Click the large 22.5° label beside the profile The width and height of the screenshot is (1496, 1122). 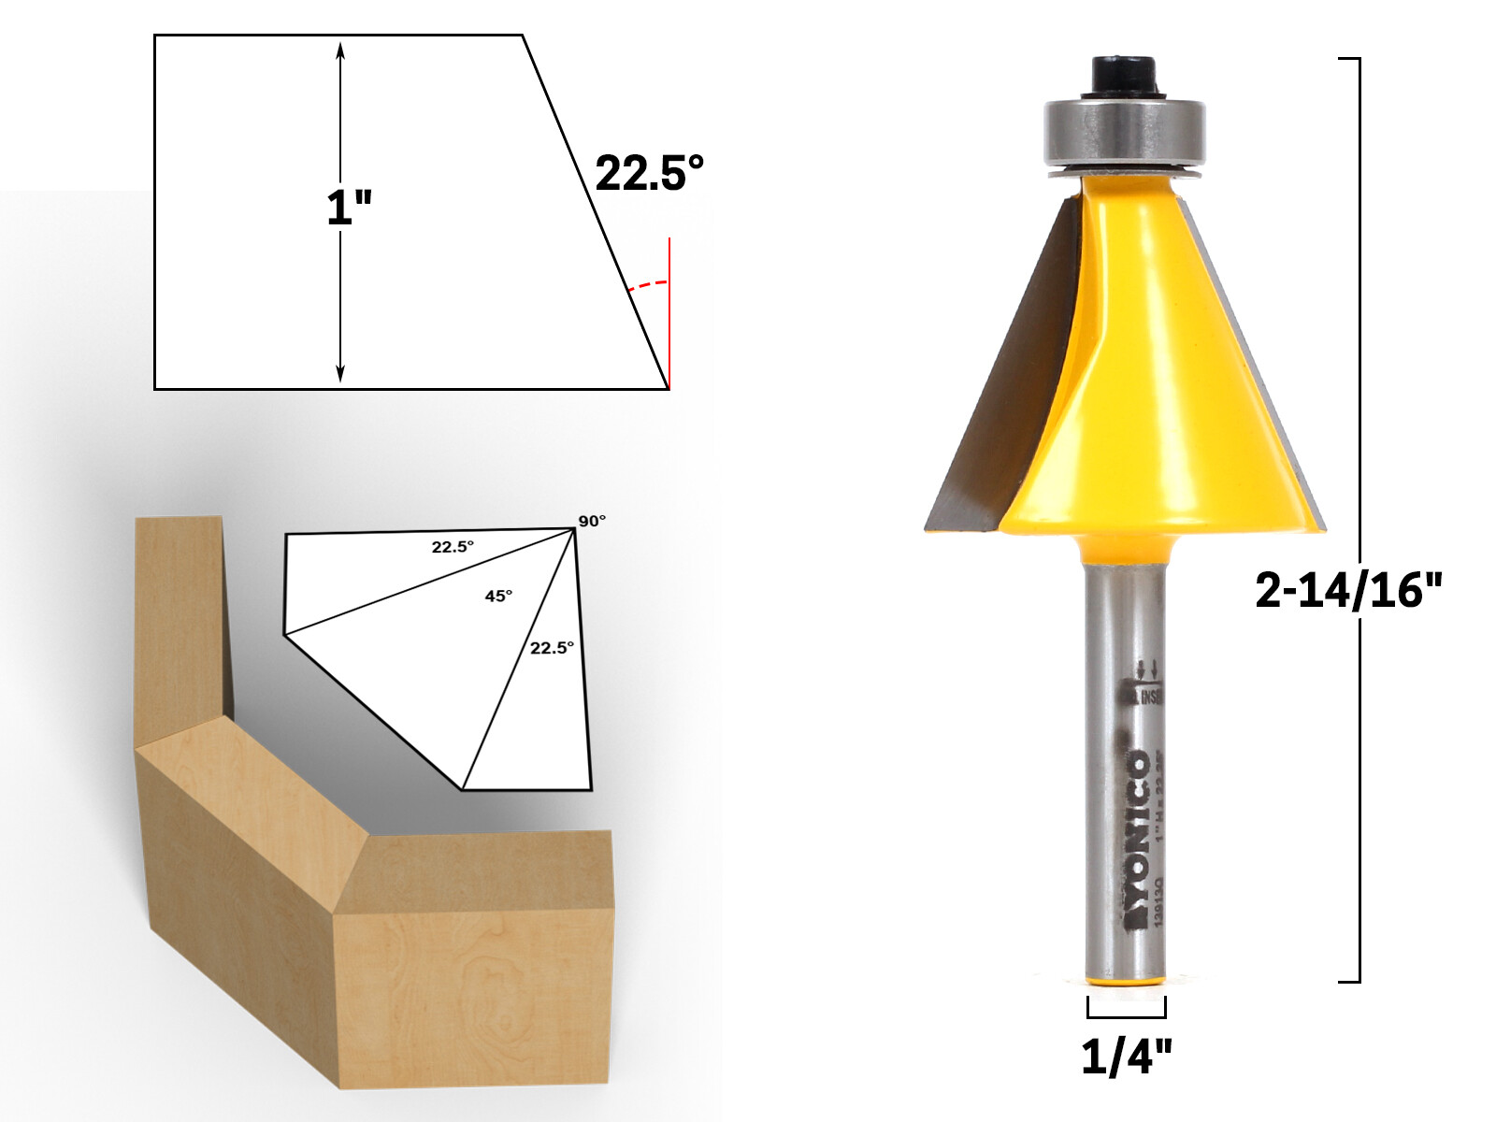click(x=649, y=174)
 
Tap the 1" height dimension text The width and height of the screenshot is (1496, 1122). click(x=349, y=208)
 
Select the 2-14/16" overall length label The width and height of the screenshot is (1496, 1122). click(x=1348, y=591)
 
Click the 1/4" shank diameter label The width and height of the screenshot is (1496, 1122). click(x=1126, y=1057)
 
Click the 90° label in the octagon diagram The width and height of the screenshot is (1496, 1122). click(x=591, y=521)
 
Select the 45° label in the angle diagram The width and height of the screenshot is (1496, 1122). click(x=498, y=596)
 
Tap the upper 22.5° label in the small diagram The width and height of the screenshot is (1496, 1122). click(x=453, y=547)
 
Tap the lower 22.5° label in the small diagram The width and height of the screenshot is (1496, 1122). click(x=552, y=648)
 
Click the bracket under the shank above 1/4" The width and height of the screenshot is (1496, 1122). click(x=1126, y=1013)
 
